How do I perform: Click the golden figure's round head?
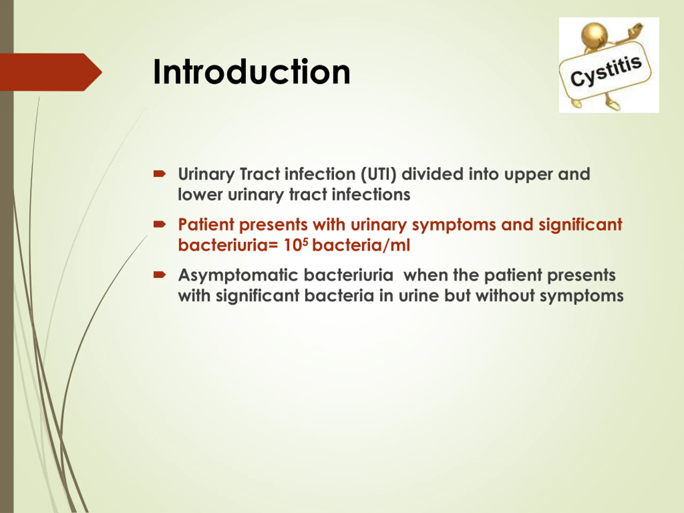[x=594, y=35]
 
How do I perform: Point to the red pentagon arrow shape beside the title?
[x=51, y=72]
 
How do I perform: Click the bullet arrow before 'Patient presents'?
[x=160, y=224]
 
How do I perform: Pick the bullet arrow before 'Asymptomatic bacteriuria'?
[x=160, y=275]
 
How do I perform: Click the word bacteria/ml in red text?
[x=361, y=245]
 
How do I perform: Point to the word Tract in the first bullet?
[x=260, y=174]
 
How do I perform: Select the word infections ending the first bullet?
[x=371, y=195]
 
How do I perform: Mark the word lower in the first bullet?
[x=200, y=195]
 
